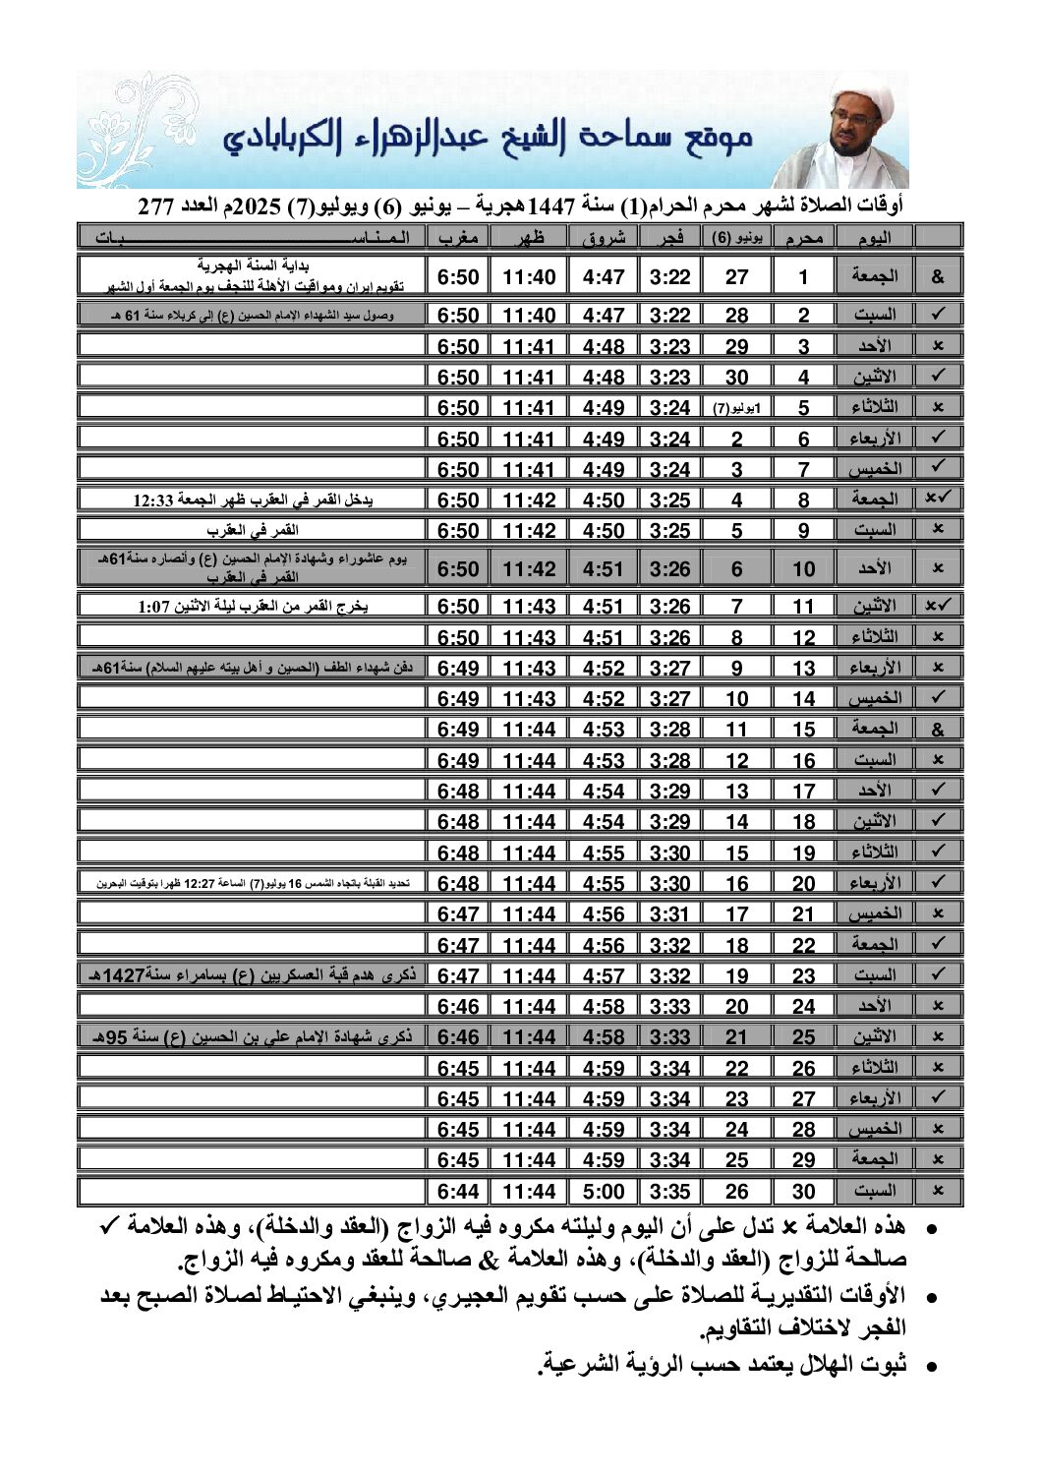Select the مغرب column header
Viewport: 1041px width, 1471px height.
tap(458, 237)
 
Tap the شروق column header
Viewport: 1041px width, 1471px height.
tap(603, 237)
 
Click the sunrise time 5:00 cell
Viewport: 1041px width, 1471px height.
tap(603, 1192)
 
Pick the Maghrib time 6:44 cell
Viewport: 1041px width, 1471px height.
tap(458, 1192)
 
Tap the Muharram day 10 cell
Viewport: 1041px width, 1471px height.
tap(803, 568)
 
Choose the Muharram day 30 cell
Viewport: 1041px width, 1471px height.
tap(803, 1192)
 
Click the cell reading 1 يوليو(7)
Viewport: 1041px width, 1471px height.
tap(736, 407)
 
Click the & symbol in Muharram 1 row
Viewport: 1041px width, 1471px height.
tap(937, 277)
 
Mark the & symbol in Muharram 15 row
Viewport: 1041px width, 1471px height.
tap(937, 730)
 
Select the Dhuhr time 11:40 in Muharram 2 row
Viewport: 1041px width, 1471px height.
tap(529, 316)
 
